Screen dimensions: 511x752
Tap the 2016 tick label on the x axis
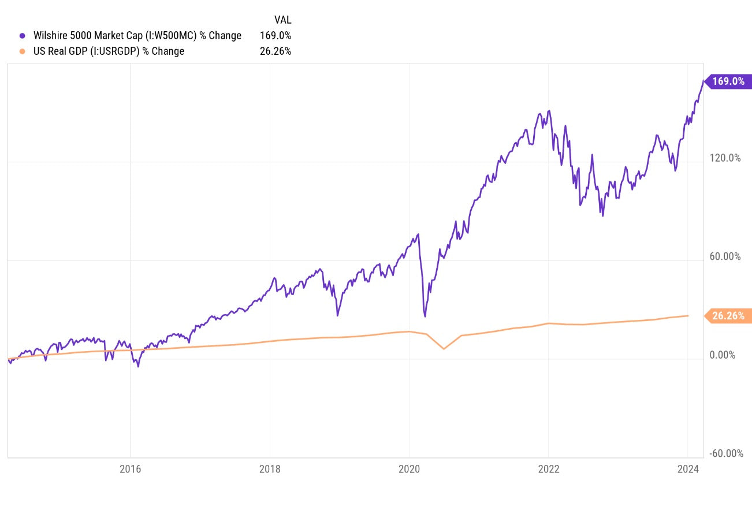(x=131, y=469)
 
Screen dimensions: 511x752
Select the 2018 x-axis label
(x=270, y=469)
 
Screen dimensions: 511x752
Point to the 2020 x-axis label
(x=409, y=469)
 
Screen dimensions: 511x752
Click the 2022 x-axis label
(x=548, y=469)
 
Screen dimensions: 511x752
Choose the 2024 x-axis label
(x=687, y=469)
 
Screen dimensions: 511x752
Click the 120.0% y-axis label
(x=725, y=158)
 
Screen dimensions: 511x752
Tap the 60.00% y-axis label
(x=725, y=256)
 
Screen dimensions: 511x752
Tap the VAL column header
(x=282, y=20)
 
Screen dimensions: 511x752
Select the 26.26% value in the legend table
(x=276, y=51)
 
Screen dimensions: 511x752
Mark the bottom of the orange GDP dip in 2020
(x=444, y=349)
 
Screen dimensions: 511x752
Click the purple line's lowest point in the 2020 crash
(x=425, y=316)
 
